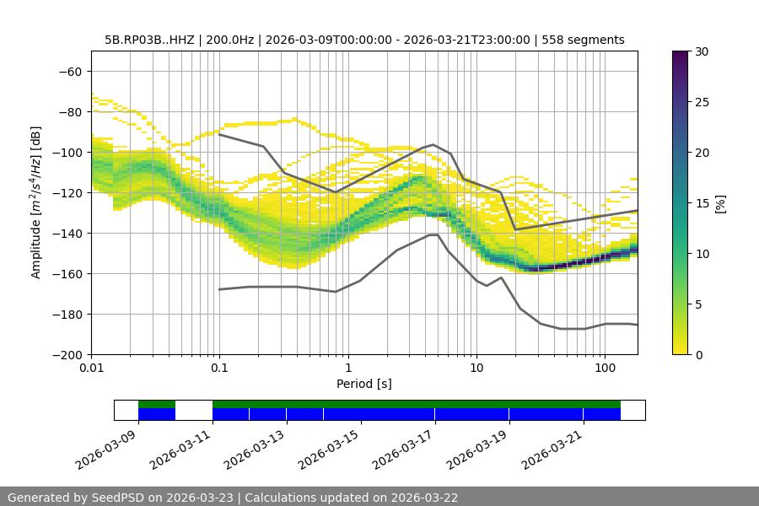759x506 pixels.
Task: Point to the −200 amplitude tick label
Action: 67,354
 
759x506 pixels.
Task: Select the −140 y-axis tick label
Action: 67,233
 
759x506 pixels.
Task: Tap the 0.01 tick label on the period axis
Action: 91,369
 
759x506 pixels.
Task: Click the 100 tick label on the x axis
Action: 605,369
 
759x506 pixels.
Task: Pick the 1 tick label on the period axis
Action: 347,369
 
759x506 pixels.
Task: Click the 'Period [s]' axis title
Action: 363,384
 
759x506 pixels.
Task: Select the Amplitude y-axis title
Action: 36,202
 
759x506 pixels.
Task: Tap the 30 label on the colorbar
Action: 700,51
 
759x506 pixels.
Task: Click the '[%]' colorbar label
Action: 720,203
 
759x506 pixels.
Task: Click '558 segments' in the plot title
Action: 584,40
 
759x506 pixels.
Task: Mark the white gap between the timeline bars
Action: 193,410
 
